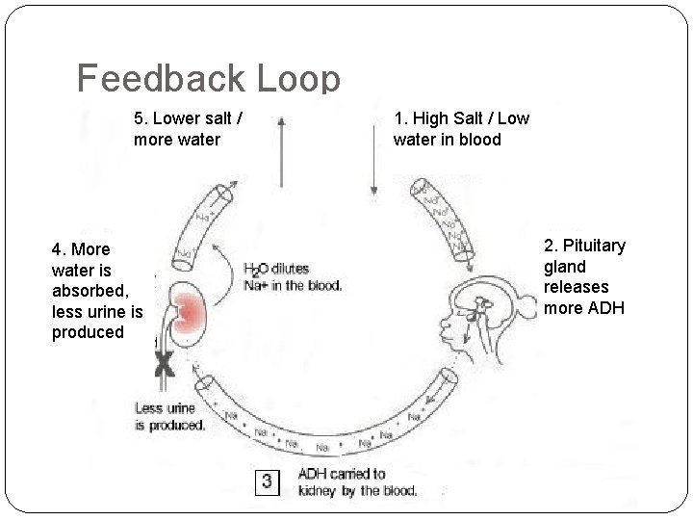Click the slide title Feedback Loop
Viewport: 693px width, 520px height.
[x=208, y=79]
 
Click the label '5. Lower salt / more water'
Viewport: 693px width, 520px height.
[x=188, y=129]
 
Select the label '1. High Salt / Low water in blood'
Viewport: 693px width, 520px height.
[x=461, y=129]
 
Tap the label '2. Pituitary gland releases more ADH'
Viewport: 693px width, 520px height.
[x=584, y=276]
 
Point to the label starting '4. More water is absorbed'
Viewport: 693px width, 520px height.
[x=96, y=291]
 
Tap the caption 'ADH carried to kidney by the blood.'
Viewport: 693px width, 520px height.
[x=356, y=481]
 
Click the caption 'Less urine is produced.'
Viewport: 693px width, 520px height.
[x=170, y=417]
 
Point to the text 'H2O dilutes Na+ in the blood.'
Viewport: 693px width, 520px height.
[x=293, y=277]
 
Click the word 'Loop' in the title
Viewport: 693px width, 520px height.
[x=294, y=79]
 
